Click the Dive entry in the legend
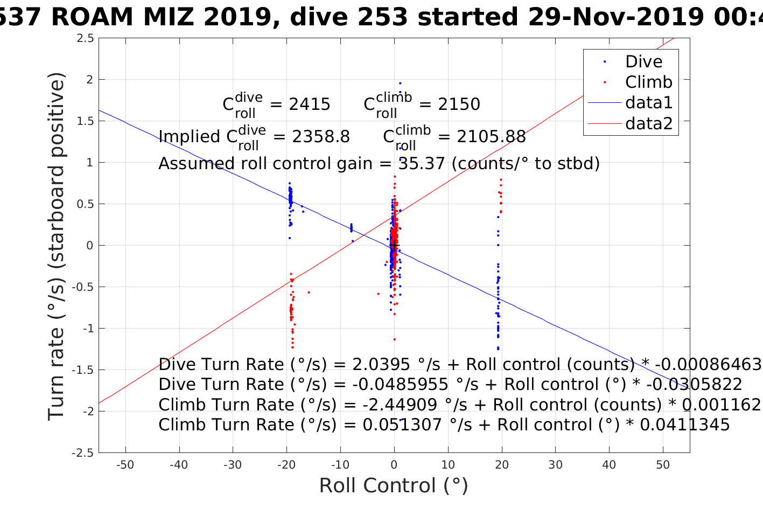643,62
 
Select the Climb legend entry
648,82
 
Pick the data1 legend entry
648,103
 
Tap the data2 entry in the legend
648,124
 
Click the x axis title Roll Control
394,486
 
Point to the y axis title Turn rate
57,246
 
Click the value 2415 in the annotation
310,104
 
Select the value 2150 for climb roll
459,104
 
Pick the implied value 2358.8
321,137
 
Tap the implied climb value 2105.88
491,137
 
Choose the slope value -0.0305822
694,385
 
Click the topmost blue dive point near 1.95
400,83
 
